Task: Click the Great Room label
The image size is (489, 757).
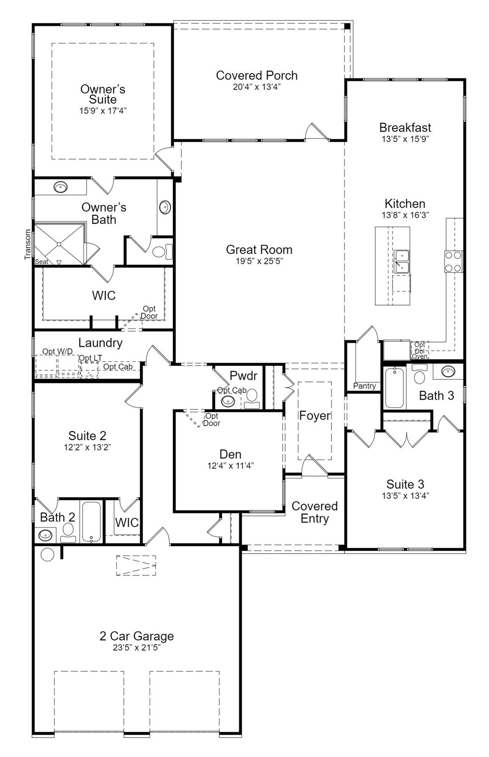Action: [x=259, y=250]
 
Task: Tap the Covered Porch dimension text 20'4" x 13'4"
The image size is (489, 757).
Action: [x=257, y=87]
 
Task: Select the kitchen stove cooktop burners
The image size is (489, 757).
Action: [x=453, y=262]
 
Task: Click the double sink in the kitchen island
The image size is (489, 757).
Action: [x=402, y=262]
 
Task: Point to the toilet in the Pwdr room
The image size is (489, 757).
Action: [x=251, y=398]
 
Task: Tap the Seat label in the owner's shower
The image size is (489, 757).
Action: [x=42, y=262]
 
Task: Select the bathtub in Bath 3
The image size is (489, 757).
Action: [x=394, y=388]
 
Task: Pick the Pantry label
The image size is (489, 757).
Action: [x=364, y=386]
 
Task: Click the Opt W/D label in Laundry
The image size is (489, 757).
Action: [x=57, y=351]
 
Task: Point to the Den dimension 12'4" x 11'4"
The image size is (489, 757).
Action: [x=230, y=466]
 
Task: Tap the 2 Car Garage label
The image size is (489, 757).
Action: [x=136, y=636]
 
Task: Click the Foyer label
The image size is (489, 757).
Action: [x=314, y=416]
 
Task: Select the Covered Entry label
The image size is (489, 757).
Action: [x=314, y=512]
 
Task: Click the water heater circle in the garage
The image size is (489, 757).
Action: [x=47, y=554]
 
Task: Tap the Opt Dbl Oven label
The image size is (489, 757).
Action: [x=419, y=350]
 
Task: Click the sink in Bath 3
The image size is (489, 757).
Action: [x=448, y=371]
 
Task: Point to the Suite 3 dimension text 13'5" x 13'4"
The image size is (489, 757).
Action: [x=405, y=496]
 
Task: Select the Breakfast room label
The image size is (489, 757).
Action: [x=405, y=127]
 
